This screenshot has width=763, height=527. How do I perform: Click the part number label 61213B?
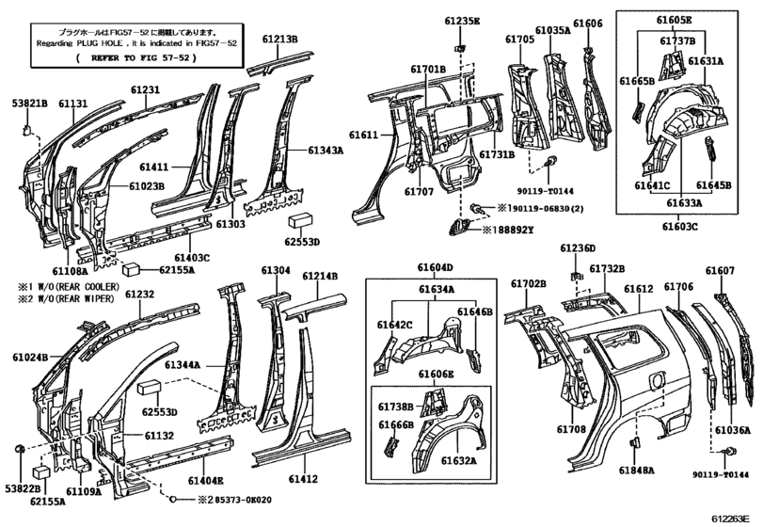(280, 40)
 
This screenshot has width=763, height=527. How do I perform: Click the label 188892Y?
(514, 229)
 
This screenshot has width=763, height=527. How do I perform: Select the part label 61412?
(304, 480)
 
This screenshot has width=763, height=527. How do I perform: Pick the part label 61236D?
(578, 248)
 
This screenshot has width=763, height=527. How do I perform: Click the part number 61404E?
(206, 480)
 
